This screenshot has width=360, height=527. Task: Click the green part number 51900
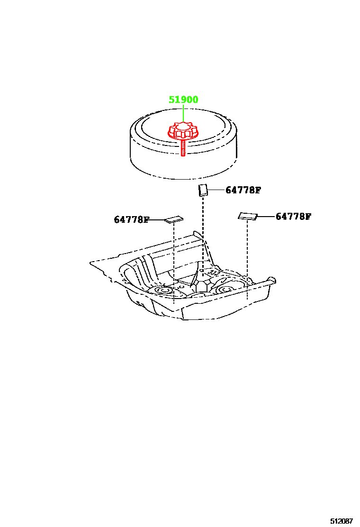pyautogui.click(x=183, y=100)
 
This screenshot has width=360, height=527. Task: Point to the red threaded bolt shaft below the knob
pyautogui.click(x=183, y=148)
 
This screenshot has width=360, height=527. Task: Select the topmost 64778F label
pyautogui.click(x=243, y=190)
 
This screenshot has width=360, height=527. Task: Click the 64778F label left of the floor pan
pyautogui.click(x=131, y=219)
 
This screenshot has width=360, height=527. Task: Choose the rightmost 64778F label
pyautogui.click(x=293, y=217)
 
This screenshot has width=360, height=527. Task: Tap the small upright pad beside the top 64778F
pyautogui.click(x=202, y=190)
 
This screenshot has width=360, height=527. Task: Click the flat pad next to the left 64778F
pyautogui.click(x=174, y=219)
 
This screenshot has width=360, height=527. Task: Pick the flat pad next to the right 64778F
pyautogui.click(x=248, y=216)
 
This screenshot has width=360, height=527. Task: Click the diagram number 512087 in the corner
pyautogui.click(x=342, y=521)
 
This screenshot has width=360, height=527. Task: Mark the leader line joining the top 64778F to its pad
pyautogui.click(x=216, y=190)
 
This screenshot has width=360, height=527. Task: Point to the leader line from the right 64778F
pyautogui.click(x=266, y=217)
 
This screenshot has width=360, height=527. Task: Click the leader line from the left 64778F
pyautogui.click(x=157, y=220)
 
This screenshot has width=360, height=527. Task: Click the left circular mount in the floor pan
pyautogui.click(x=164, y=290)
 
